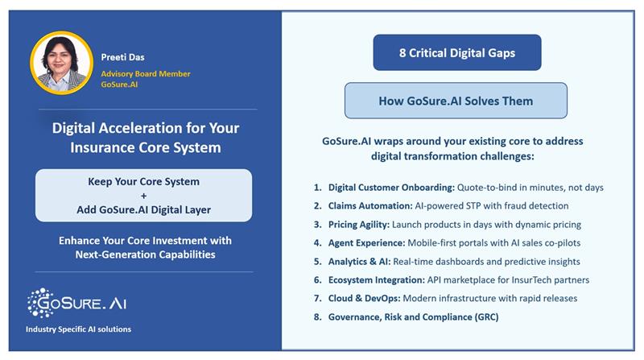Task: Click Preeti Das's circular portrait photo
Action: pyautogui.click(x=61, y=64)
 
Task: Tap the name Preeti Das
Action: pyautogui.click(x=124, y=57)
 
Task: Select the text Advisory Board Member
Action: pyautogui.click(x=146, y=73)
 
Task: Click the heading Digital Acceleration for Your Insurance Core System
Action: pyautogui.click(x=146, y=138)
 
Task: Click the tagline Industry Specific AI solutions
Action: pyautogui.click(x=78, y=329)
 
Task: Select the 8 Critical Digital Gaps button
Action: pyautogui.click(x=456, y=53)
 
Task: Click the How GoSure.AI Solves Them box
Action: pyautogui.click(x=456, y=101)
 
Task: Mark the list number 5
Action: pyautogui.click(x=317, y=262)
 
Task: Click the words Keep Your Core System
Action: pyautogui.click(x=144, y=181)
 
